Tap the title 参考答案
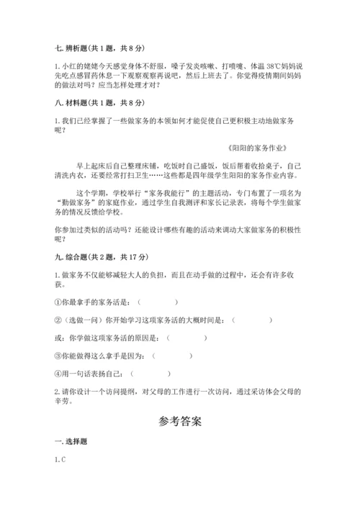point(180,420)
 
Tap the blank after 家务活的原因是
point(186,338)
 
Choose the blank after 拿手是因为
point(173,356)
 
